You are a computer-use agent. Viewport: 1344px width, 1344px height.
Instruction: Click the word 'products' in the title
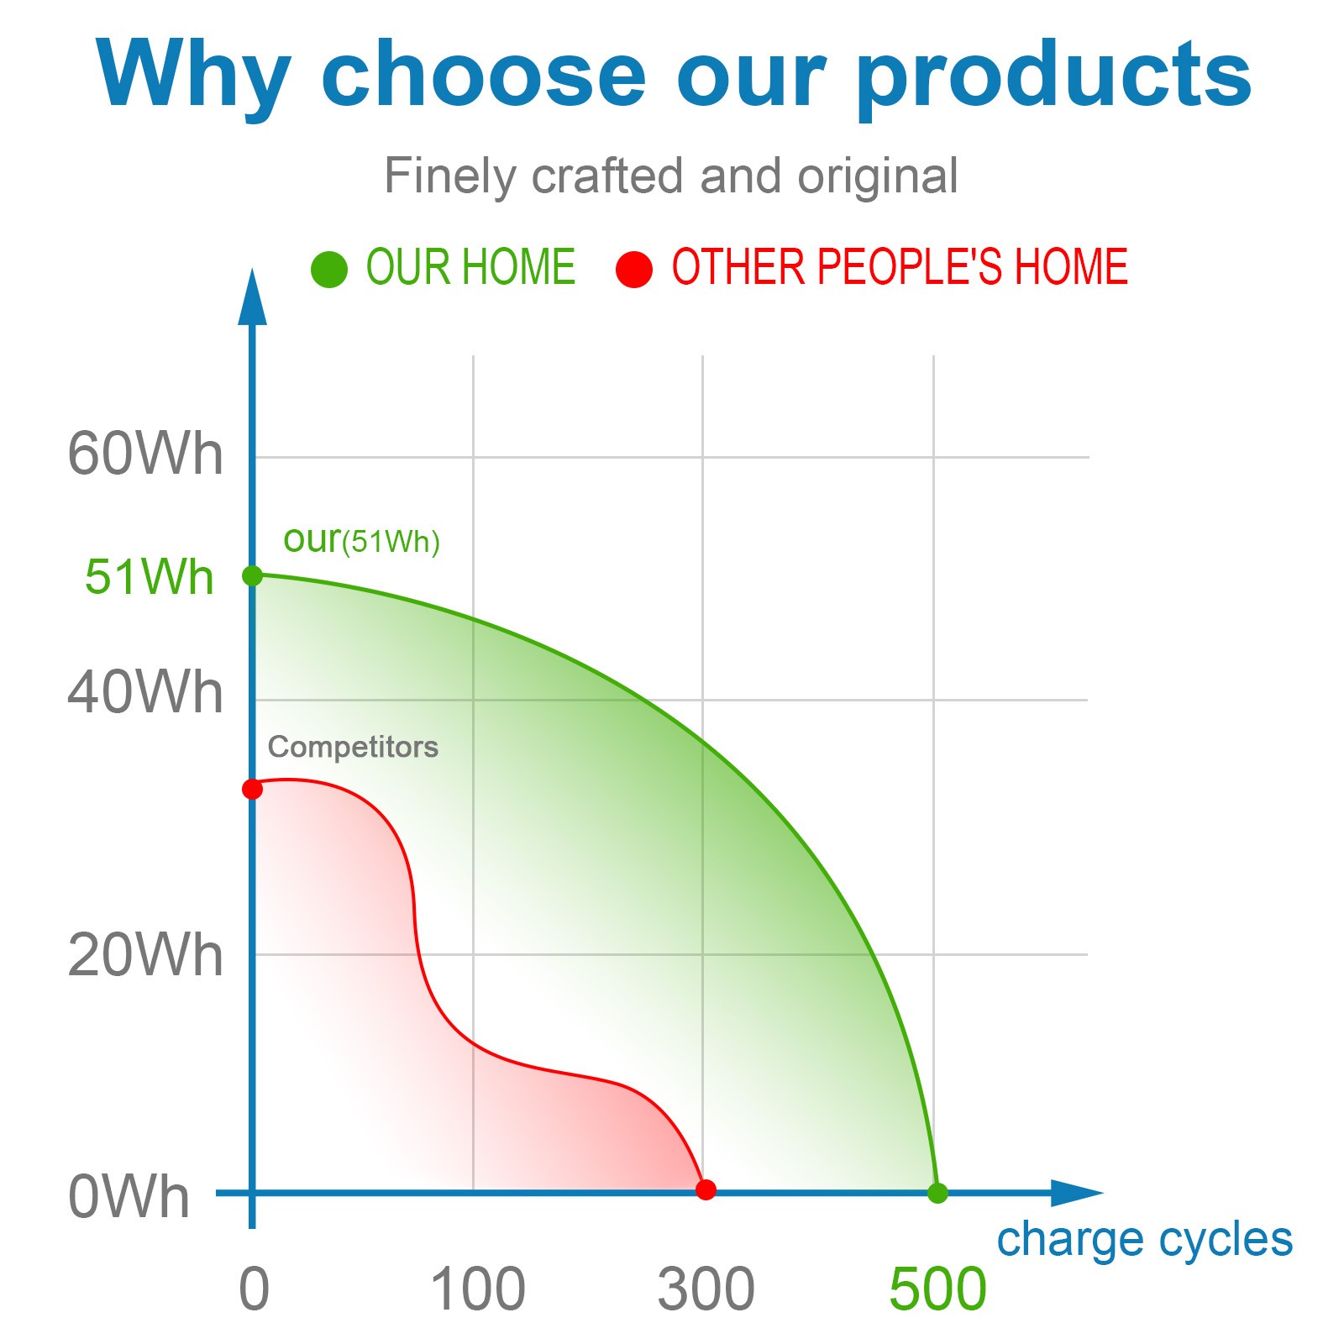click(1054, 76)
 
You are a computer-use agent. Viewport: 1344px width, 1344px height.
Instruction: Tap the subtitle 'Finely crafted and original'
click(670, 176)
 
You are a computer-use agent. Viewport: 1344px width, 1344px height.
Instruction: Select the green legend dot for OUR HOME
click(329, 270)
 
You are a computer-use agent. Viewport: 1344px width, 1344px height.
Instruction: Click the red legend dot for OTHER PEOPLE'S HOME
click(634, 270)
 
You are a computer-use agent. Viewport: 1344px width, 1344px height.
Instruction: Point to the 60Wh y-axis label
click(145, 454)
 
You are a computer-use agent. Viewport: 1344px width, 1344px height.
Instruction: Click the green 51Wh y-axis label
click(150, 577)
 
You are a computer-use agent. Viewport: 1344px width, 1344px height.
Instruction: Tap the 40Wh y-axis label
click(145, 693)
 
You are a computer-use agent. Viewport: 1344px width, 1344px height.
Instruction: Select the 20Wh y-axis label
click(145, 956)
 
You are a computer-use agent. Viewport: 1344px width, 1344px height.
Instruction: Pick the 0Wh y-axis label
click(129, 1197)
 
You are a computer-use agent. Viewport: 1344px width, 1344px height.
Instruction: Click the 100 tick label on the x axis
click(478, 1289)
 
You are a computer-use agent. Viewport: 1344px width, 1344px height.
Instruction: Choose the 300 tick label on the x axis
click(706, 1289)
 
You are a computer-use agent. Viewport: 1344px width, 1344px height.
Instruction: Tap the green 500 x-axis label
click(937, 1289)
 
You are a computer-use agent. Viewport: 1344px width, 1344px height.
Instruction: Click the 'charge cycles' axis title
click(1145, 1240)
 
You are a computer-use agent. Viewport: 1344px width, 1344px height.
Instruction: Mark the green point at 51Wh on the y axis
click(252, 575)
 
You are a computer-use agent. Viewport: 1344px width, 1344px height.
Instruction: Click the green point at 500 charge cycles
click(937, 1193)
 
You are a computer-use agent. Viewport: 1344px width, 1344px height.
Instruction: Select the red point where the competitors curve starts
click(252, 790)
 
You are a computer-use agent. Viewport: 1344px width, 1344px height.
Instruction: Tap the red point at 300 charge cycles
click(706, 1189)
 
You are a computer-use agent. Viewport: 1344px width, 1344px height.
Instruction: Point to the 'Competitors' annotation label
click(353, 747)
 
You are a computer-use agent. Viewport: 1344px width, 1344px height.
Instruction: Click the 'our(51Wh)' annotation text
click(362, 539)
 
